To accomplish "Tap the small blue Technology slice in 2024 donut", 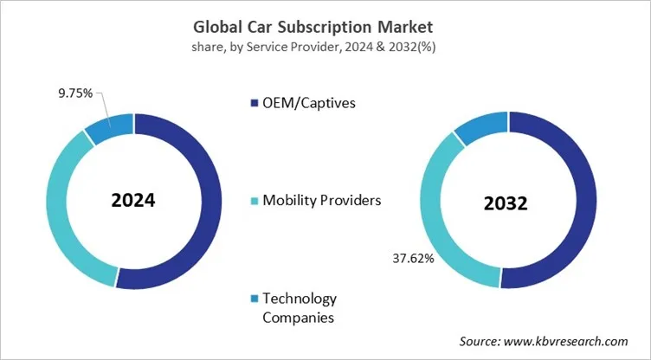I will point(111,126).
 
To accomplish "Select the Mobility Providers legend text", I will point(320,201).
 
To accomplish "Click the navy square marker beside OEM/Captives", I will point(254,105).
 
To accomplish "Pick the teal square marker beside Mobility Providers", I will point(254,202).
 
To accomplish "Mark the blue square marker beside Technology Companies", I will point(254,299).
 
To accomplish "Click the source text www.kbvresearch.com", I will point(543,341).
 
